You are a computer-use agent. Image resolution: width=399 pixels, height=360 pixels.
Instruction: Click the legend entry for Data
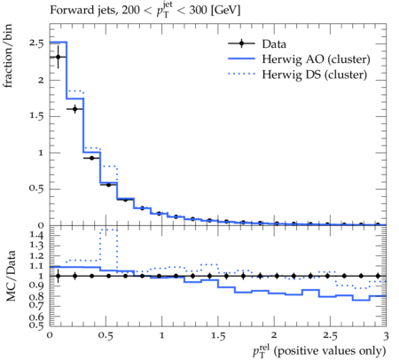274,44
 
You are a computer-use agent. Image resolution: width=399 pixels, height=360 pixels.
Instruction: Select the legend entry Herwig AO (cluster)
316,59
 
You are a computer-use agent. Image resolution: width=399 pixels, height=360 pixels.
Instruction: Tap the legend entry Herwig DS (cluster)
315,74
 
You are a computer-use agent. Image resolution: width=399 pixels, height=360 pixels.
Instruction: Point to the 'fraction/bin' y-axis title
8,56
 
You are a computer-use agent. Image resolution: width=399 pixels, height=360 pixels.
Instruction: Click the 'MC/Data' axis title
11,276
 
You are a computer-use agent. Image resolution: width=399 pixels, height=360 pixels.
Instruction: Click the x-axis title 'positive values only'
330,351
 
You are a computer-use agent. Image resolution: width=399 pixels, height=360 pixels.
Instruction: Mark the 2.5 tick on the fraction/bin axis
36,43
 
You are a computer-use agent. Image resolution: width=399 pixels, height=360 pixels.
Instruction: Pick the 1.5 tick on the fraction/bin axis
36,116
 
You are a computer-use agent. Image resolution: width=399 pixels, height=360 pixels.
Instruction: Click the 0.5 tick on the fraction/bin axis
36,189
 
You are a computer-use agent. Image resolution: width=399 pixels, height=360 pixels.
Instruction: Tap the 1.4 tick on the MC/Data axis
36,235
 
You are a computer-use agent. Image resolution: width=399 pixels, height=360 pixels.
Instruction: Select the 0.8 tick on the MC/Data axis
36,296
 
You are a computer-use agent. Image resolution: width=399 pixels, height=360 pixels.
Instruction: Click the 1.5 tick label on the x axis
218,336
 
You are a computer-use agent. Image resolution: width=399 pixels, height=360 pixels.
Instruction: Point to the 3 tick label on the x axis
386,336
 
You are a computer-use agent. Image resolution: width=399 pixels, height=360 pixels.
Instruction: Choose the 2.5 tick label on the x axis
330,336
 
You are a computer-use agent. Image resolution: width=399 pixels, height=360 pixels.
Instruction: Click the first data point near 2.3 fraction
58,57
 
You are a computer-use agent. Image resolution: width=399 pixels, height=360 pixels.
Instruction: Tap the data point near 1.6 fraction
74,109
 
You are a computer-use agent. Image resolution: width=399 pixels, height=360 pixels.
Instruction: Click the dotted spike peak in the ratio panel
109,230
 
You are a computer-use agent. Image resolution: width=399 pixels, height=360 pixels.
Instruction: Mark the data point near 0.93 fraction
91,158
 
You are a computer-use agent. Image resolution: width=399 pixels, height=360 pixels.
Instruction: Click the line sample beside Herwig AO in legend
241,59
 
